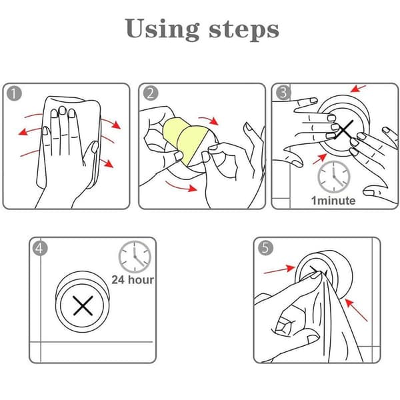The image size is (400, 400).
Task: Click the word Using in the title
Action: click(x=162, y=29)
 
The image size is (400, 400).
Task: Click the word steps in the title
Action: click(x=244, y=30)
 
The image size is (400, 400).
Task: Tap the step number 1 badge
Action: click(x=14, y=93)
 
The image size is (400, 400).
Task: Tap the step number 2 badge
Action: click(x=150, y=93)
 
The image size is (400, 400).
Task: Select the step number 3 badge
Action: click(x=283, y=93)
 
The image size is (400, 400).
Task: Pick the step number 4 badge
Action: click(x=40, y=248)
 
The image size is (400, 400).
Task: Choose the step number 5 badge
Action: click(x=265, y=248)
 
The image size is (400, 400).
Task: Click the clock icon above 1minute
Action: click(x=334, y=177)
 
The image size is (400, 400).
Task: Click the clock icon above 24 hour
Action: click(x=135, y=257)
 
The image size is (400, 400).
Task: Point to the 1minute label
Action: click(x=333, y=201)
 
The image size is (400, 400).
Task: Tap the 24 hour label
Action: click(x=133, y=280)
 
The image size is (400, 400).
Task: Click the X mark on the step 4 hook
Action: click(x=83, y=305)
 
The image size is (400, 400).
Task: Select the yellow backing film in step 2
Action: click(x=185, y=140)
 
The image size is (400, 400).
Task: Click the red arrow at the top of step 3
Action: click(x=358, y=89)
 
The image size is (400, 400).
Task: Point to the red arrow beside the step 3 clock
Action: click(x=320, y=159)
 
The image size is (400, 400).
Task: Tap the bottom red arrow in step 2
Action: click(x=181, y=187)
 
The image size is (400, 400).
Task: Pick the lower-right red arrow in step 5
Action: click(x=357, y=310)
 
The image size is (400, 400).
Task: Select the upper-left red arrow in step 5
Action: click(x=279, y=269)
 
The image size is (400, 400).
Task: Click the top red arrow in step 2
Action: click(x=209, y=121)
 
